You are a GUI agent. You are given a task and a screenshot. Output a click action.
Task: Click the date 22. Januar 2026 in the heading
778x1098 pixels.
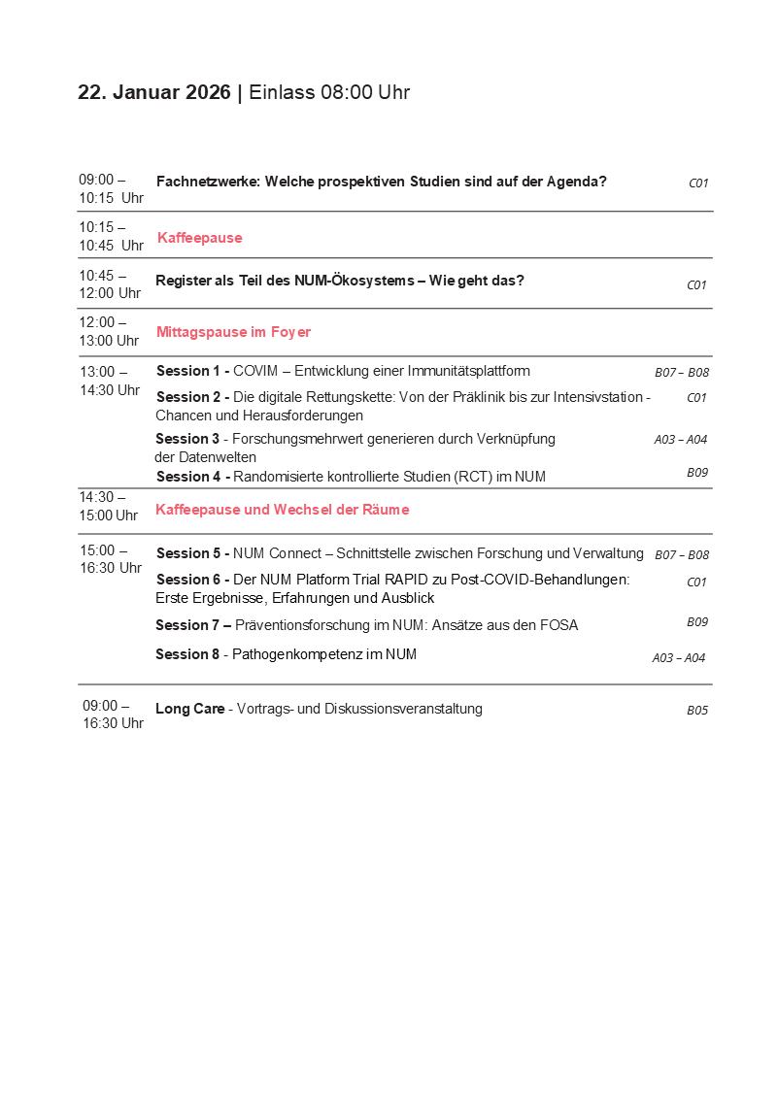(154, 93)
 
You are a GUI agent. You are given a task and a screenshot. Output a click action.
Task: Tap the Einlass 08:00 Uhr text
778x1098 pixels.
(329, 93)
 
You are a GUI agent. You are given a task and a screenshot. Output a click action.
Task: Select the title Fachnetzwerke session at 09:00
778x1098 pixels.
(381, 182)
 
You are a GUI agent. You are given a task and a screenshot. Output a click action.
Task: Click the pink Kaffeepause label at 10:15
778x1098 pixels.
(199, 238)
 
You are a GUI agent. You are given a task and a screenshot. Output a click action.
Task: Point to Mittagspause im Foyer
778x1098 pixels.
(233, 332)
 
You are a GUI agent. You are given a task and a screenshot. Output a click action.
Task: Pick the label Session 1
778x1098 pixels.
(189, 371)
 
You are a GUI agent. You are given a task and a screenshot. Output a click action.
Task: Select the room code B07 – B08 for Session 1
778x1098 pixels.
(681, 373)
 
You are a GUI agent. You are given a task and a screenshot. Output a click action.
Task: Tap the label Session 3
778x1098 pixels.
(188, 439)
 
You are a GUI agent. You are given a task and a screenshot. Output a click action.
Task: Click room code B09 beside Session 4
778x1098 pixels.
(696, 473)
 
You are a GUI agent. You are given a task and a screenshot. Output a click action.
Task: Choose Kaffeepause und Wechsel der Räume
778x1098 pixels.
(282, 510)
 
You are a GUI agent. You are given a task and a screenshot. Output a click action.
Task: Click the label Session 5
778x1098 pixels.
(189, 553)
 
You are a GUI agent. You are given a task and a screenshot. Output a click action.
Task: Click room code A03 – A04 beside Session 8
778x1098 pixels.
(678, 658)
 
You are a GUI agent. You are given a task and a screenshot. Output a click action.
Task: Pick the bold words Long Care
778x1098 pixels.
(189, 709)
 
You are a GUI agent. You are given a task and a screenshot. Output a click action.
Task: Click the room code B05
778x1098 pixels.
(696, 711)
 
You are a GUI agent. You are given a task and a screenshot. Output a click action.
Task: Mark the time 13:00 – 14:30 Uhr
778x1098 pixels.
(110, 381)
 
